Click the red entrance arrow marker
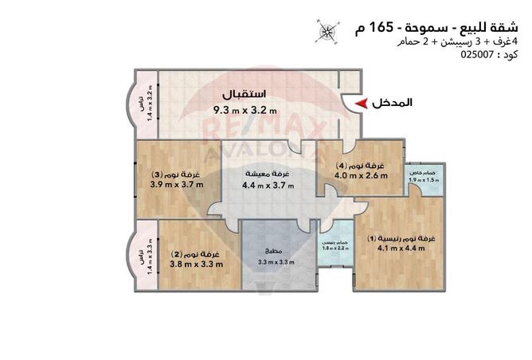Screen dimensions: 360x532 point(362,104)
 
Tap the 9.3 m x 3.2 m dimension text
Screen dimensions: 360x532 point(244,110)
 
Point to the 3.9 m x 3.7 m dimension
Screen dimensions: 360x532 point(177,186)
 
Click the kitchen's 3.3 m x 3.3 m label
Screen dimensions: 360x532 point(276,262)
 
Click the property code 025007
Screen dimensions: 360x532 point(479,56)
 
